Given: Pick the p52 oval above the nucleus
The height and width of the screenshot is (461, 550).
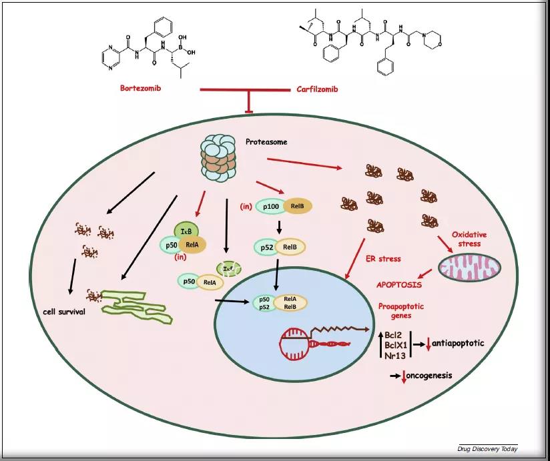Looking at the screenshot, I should (x=266, y=248).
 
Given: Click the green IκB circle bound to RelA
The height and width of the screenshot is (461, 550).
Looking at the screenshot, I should (x=186, y=231).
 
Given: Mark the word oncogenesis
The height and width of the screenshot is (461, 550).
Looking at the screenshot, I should (x=431, y=375).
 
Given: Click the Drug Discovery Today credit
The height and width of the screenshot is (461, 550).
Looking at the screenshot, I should (x=487, y=448).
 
